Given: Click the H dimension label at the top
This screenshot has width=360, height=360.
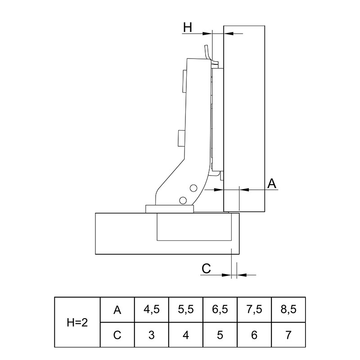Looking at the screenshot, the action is click(187, 27).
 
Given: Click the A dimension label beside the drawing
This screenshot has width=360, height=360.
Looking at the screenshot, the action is click(272, 184).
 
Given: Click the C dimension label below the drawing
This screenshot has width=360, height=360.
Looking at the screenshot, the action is click(206, 268).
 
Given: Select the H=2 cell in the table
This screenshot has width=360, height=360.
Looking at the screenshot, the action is click(77, 323).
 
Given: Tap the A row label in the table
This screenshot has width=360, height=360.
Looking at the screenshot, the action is click(117, 310).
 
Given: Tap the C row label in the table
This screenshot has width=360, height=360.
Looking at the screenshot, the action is click(117, 335).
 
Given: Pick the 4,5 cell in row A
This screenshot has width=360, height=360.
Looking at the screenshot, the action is click(152, 310).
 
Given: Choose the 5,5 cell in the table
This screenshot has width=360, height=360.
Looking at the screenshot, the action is click(186, 310).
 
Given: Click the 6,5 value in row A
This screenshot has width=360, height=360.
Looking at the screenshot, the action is click(220, 310).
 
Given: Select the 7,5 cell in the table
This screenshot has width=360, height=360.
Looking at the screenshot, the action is click(254, 310).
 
